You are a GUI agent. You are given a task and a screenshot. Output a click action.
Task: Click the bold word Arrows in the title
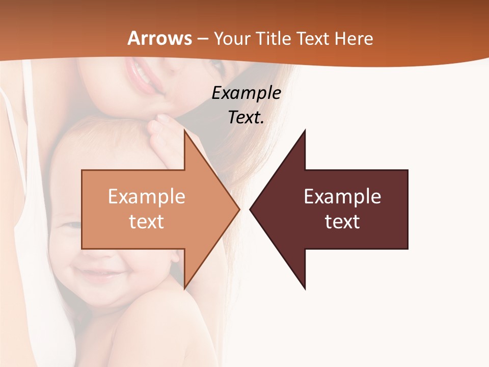159,38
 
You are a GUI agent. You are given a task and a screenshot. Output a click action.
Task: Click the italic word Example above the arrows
246,93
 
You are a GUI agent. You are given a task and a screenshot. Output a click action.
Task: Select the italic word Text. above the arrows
246,117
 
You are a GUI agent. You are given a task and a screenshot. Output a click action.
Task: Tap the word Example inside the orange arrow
147,196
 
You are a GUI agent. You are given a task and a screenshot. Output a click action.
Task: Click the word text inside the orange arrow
147,222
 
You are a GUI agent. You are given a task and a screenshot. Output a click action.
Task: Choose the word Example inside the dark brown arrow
342,196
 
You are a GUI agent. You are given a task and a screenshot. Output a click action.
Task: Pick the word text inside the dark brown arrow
342,222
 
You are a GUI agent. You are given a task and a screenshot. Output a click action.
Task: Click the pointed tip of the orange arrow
238,209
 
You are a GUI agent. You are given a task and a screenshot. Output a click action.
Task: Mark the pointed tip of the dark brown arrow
251,209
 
